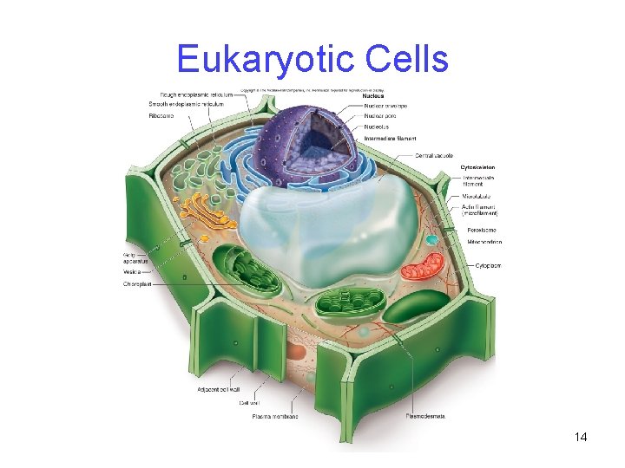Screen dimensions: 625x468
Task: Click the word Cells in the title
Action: [407, 60]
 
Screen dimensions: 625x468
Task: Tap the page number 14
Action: [581, 437]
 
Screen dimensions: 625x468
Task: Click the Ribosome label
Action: [162, 115]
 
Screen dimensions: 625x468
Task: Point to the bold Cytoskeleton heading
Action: [479, 166]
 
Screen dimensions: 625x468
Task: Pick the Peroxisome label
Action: [484, 230]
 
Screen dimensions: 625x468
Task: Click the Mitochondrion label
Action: [484, 242]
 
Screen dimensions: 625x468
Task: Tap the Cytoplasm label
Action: [488, 265]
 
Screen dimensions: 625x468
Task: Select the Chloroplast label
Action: [138, 283]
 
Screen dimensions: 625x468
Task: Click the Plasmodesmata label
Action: [426, 416]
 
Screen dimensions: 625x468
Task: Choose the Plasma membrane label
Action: [275, 416]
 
